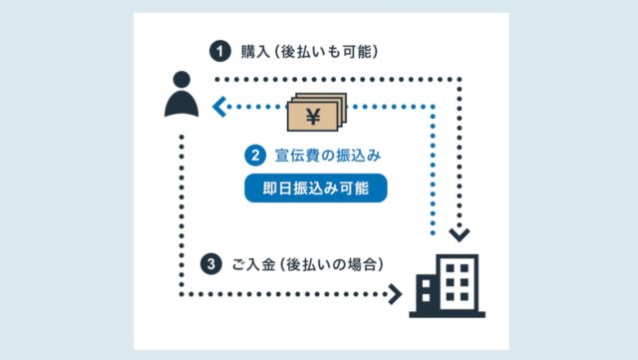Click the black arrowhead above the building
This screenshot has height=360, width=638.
coord(458,235)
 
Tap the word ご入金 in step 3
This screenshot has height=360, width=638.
coord(251,264)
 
